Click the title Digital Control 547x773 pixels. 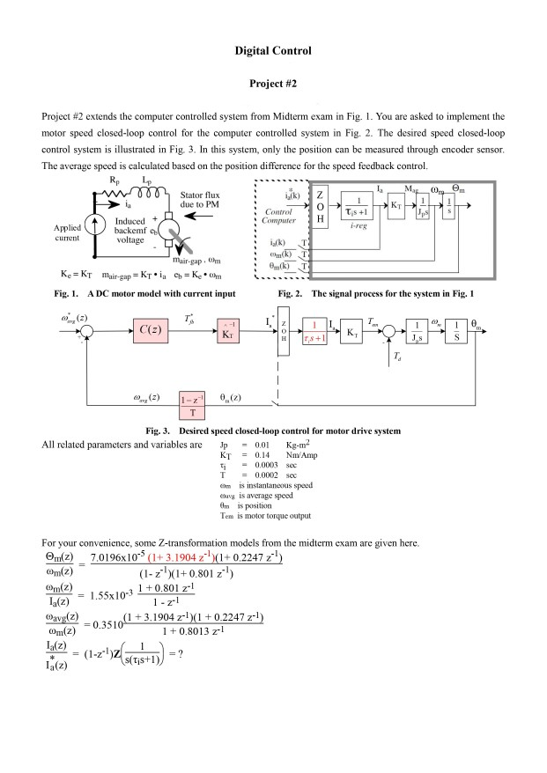tap(273, 51)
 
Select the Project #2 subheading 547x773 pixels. tap(273, 85)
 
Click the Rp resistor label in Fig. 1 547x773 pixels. tap(115, 178)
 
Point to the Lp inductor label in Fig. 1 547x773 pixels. tap(146, 178)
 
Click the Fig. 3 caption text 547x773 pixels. tap(273, 431)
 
